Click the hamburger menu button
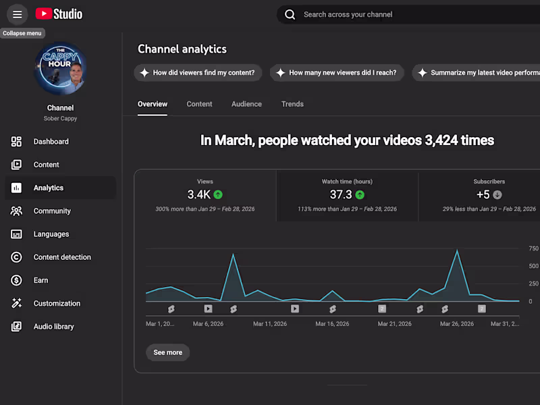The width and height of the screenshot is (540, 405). coord(18,14)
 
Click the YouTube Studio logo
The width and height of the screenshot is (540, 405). coord(59,14)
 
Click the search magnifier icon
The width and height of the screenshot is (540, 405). coord(290,14)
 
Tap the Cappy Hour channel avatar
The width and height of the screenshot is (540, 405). coord(60,68)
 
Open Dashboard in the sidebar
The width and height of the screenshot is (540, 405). coord(51,142)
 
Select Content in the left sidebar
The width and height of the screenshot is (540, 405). coord(46,165)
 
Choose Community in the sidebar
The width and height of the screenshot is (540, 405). coord(52,211)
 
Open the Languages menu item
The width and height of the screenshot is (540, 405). coord(51,234)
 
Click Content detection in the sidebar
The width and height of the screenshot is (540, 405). coord(62,257)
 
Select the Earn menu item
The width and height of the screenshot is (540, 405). coord(41,280)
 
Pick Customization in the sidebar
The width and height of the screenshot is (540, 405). coord(57,304)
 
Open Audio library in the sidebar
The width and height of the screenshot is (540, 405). coord(53,327)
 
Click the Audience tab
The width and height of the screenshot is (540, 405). coord(246,104)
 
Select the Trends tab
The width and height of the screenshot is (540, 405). coord(292,104)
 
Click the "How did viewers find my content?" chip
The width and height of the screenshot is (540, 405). coord(198,73)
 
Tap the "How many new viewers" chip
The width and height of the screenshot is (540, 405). coord(337,73)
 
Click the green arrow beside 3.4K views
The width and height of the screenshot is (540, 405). coord(218,194)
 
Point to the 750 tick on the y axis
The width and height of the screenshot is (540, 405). coord(533,248)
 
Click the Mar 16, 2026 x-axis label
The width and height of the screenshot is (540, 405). coord(333,324)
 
